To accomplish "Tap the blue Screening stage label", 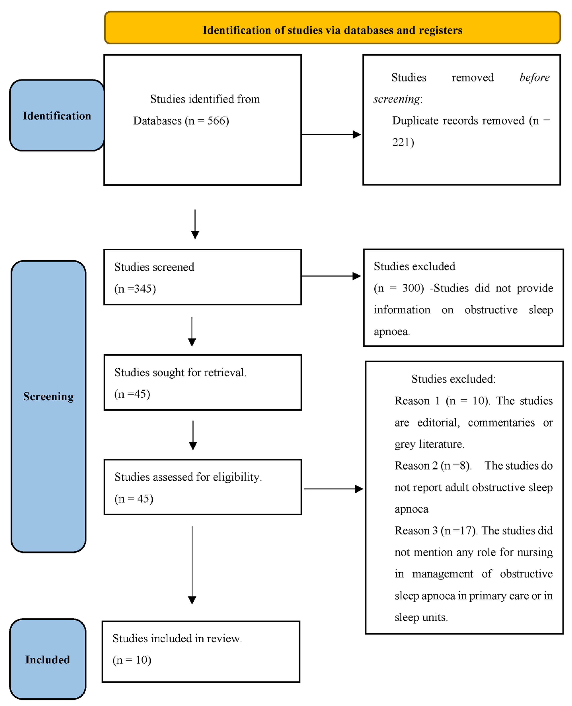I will pos(48,396).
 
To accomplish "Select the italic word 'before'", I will pos(534,77).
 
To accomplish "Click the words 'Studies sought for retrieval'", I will pos(180,372).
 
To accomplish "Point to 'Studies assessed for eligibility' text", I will pos(188,477).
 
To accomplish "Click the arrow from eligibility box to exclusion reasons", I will pos(333,489).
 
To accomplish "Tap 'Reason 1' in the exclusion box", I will pos(417,401).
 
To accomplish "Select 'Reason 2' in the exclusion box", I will pos(417,466).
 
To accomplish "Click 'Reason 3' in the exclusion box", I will pos(417,530).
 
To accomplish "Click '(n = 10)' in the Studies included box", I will pos(132,660).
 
